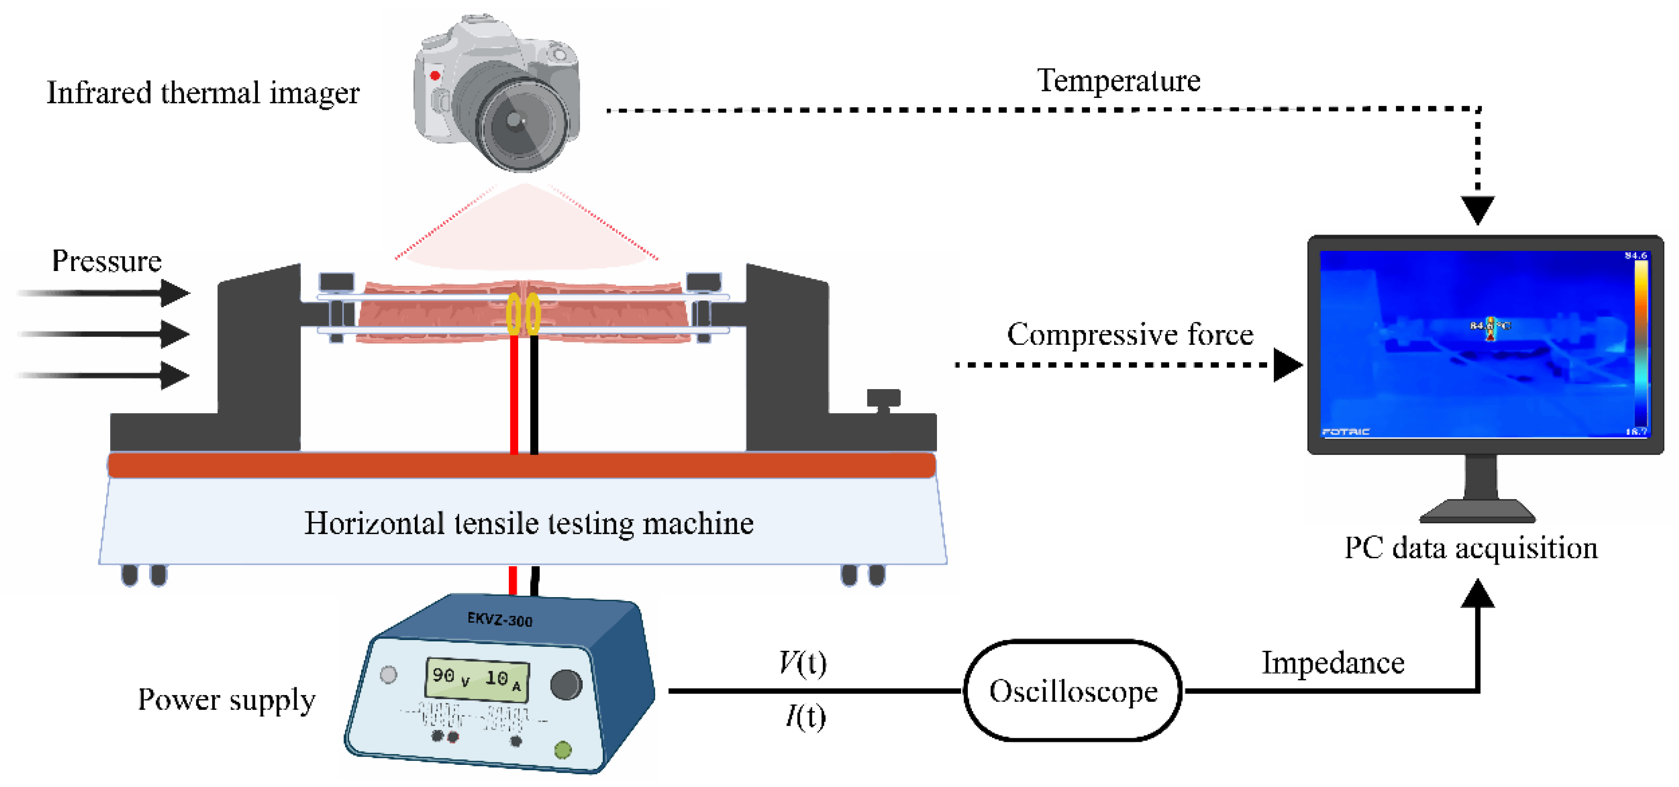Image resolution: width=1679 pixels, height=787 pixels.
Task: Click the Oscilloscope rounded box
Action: pos(1073,691)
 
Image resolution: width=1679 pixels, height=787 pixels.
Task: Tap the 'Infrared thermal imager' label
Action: pos(203,93)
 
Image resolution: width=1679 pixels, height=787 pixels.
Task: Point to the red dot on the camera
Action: pos(435,76)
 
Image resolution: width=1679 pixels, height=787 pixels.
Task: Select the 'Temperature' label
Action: pos(1119,81)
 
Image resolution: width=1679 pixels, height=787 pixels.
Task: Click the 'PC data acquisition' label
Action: pos(1471,548)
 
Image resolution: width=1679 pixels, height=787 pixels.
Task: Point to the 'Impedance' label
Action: pos(1333,663)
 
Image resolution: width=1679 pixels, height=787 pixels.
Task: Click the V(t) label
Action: pos(803,663)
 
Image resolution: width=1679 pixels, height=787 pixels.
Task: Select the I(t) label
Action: pos(805,717)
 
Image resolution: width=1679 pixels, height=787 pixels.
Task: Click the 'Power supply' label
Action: pos(226,700)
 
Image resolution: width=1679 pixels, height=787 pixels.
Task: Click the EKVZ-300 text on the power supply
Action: pos(500,619)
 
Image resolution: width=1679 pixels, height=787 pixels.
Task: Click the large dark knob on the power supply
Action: pos(566,684)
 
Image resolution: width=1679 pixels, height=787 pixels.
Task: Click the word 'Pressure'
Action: pos(106,261)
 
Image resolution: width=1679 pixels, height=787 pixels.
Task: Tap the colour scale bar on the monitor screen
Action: pos(1641,342)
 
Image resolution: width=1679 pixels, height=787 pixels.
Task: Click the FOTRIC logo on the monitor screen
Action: pos(1345,431)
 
